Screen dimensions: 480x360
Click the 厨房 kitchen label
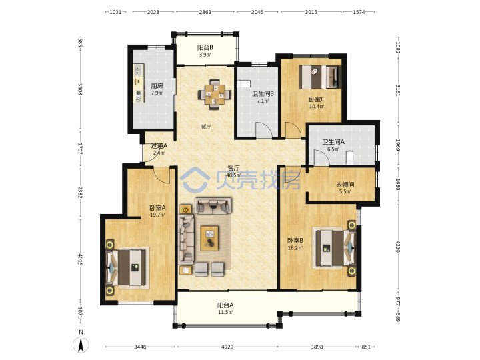157,86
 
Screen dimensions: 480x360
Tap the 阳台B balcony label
205,47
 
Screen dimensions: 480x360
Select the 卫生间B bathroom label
263,94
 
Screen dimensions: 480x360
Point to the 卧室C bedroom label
317,99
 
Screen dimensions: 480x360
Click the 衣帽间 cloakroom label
345,185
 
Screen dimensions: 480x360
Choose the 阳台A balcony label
225,305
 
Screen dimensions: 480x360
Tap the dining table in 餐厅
215,94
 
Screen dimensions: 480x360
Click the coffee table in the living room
210,238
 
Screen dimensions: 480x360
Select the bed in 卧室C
319,77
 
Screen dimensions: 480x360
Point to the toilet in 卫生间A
349,157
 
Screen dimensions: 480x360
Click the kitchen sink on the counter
139,70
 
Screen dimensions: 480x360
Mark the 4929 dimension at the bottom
227,347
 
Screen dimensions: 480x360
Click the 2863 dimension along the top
205,12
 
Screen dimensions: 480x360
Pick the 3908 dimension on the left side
80,89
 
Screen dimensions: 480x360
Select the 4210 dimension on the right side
398,247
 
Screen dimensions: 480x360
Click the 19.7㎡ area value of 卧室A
157,215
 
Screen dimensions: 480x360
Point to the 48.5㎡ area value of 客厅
233,175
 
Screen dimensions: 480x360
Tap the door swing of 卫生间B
264,130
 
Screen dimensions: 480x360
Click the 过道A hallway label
159,146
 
